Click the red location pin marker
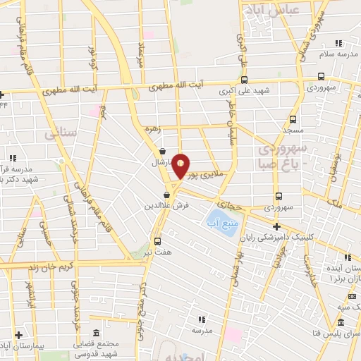(x=181, y=166)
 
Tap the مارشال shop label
(x=161, y=162)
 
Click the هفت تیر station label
(x=159, y=250)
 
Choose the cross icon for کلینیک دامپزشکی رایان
(x=276, y=226)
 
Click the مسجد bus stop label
(x=293, y=130)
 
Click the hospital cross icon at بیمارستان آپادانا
(x=19, y=335)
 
